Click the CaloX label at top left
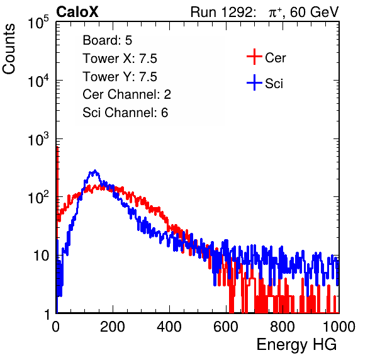coord(77,12)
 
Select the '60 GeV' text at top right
coord(314,12)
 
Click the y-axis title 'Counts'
coord(9,49)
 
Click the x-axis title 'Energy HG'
coord(296,344)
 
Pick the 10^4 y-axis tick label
coord(38,81)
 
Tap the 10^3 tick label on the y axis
coord(38,139)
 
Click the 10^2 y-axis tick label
coord(38,198)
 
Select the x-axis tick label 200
coord(113,327)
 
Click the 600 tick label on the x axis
coord(226,327)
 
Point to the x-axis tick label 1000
coord(339,327)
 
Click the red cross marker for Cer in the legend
coord(254,57)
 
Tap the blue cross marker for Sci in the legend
coord(254,82)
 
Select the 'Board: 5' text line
coord(107,40)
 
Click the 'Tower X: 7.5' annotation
coord(120,58)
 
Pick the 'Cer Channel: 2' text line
coord(126,94)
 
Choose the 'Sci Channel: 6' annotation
coord(125,113)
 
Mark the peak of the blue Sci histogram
coord(95,171)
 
